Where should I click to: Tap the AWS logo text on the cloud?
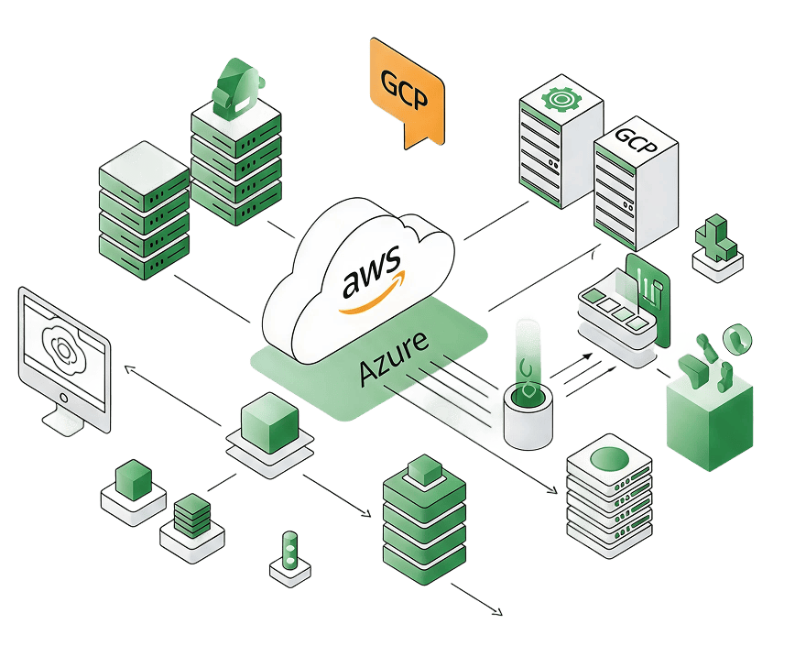point(370,278)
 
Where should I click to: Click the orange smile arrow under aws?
point(371,301)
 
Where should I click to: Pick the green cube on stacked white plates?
point(268,421)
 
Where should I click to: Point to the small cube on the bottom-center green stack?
point(422,468)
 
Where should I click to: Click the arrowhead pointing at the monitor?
point(128,367)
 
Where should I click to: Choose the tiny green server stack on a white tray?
point(191,514)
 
